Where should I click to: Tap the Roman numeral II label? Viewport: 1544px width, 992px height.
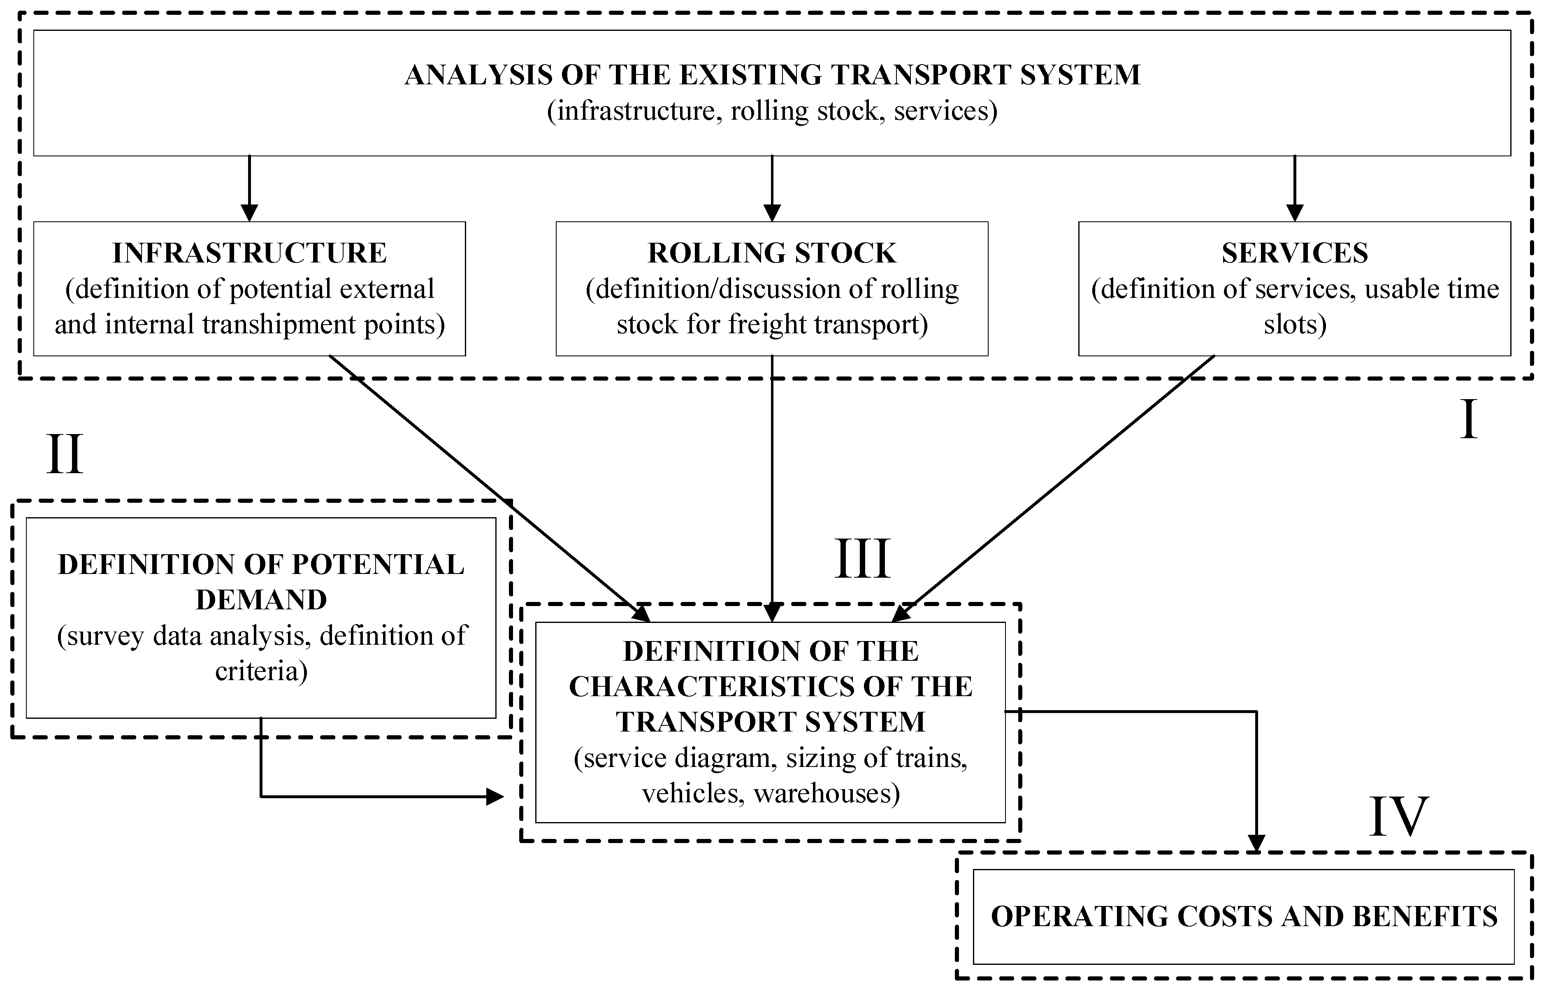tap(65, 455)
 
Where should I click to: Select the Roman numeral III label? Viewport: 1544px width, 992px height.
tap(862, 559)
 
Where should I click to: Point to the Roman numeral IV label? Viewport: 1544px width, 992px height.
tap(1398, 817)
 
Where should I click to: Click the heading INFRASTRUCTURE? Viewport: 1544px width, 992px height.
tap(249, 253)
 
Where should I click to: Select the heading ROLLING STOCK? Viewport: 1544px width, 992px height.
tap(772, 253)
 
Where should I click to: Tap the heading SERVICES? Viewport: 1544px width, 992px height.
tap(1295, 253)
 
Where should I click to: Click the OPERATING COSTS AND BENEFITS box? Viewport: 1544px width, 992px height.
tap(1243, 917)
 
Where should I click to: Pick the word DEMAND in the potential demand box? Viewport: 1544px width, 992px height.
tap(261, 600)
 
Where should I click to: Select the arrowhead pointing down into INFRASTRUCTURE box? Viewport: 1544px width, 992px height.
tap(249, 213)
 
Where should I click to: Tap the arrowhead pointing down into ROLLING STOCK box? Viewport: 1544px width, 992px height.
tap(772, 213)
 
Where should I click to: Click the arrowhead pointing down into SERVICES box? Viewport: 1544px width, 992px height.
tap(1295, 213)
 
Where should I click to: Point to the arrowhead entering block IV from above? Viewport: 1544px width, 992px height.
tap(1256, 843)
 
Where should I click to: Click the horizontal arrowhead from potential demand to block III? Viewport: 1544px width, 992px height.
tap(494, 797)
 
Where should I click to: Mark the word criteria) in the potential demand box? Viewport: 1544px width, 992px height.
tap(261, 672)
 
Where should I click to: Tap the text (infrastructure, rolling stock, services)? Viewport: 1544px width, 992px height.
tap(772, 111)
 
